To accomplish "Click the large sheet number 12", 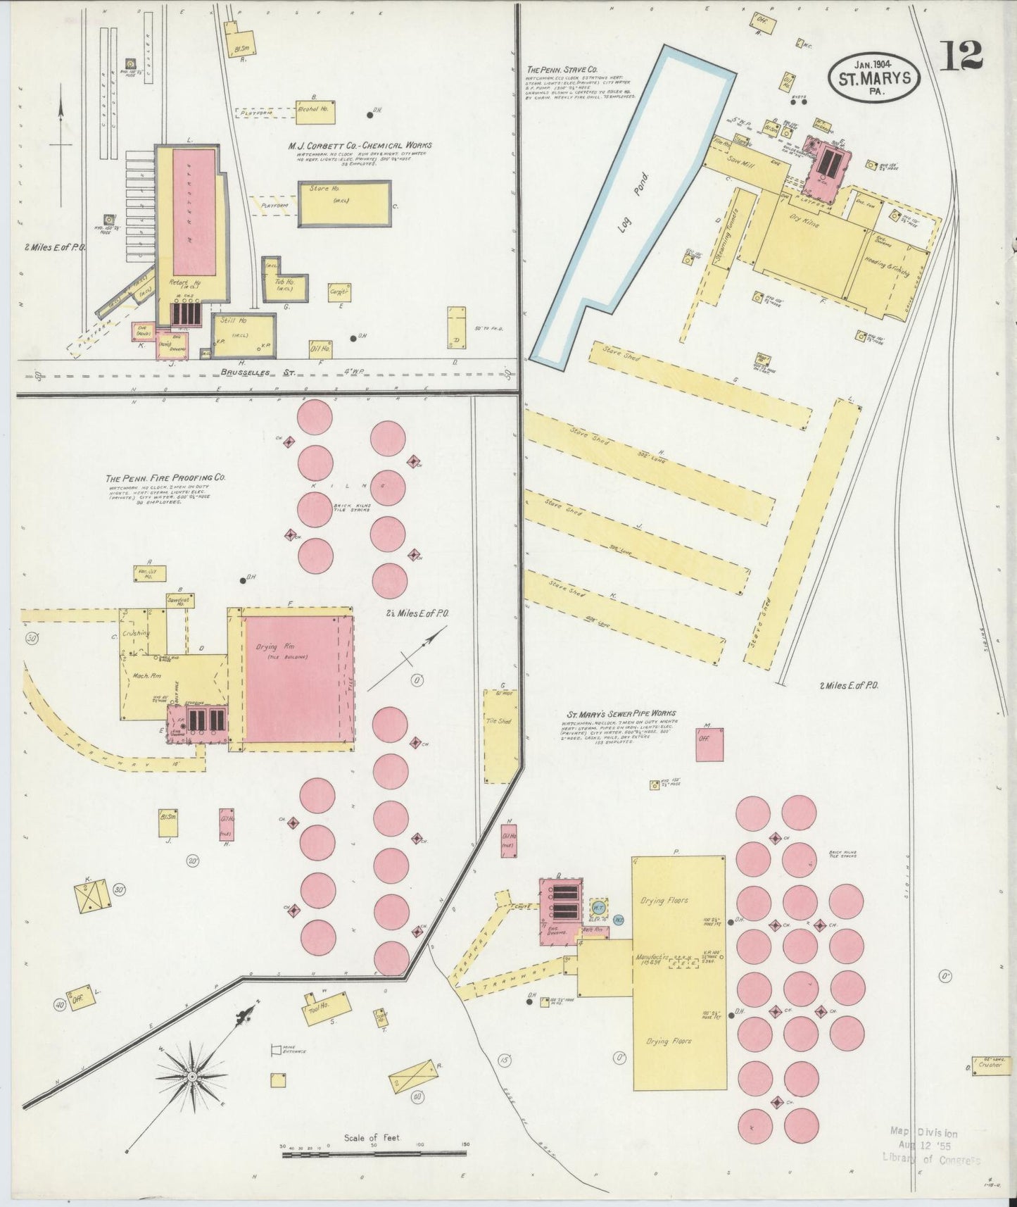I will [961, 55].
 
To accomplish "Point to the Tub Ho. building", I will [284, 282].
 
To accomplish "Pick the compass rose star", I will [191, 1077].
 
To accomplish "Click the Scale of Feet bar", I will [373, 1153].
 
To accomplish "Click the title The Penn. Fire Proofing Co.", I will [166, 477].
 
